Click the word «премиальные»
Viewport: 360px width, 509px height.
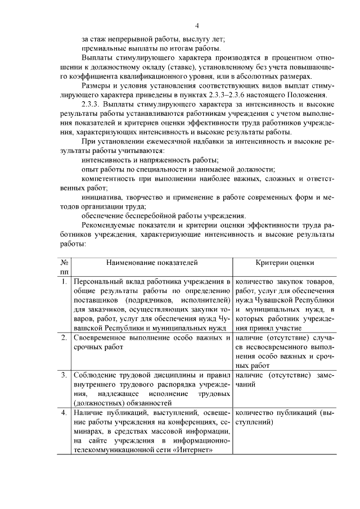(102, 50)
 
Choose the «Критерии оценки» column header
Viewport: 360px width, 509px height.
(285, 263)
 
